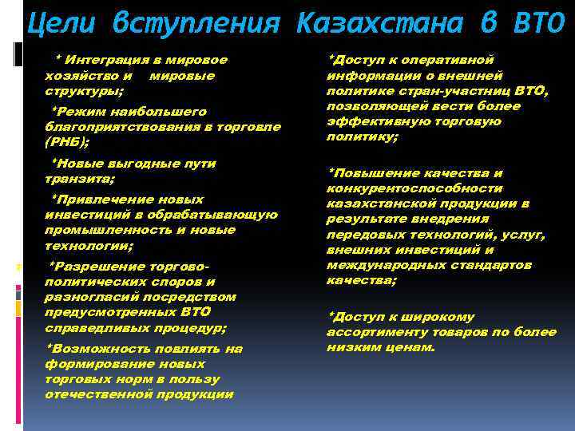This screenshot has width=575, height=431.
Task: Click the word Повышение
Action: pyautogui.click(x=393, y=172)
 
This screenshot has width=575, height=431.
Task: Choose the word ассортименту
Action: pyautogui.click(x=375, y=332)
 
